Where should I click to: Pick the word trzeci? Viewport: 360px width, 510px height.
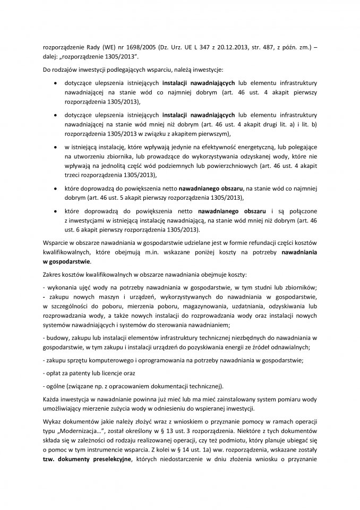[x=74, y=175]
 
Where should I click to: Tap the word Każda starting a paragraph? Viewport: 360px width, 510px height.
[x=52, y=399]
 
